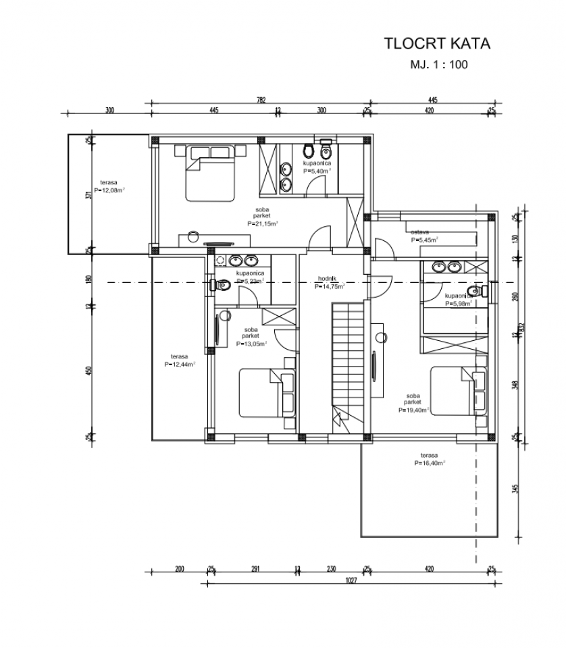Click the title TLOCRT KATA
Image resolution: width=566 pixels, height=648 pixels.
[436, 45]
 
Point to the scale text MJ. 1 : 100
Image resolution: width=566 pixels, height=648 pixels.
[438, 65]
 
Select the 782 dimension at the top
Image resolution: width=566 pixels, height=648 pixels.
[261, 100]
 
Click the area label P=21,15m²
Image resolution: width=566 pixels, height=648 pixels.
[263, 223]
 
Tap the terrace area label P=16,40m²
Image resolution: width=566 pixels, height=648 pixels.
[430, 463]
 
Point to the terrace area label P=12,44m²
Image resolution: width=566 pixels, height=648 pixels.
[180, 363]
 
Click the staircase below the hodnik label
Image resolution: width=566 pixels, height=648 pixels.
[349, 364]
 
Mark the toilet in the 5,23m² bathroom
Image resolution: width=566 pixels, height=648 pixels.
[222, 286]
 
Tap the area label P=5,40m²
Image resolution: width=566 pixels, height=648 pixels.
[317, 171]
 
